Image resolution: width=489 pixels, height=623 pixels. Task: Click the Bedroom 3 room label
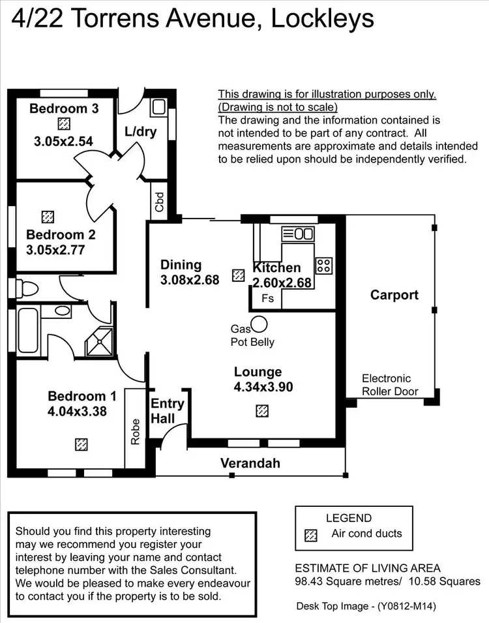tap(64, 108)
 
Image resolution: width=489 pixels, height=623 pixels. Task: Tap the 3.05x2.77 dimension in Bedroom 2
tap(56, 249)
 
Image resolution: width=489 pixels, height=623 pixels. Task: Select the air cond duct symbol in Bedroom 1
tap(81, 444)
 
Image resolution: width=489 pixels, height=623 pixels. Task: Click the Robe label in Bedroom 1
tap(136, 431)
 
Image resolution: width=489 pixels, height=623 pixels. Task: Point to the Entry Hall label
tap(167, 411)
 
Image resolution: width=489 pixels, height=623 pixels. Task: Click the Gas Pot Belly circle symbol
tap(259, 323)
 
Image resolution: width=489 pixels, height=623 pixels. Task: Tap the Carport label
tap(394, 295)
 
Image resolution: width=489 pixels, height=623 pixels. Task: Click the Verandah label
tap(250, 463)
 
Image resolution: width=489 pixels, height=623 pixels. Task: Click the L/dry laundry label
tap(141, 132)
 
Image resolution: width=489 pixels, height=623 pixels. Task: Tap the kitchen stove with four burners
tap(324, 265)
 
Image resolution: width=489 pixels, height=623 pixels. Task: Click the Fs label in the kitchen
tap(267, 298)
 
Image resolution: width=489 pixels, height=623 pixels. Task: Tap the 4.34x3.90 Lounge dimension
tap(263, 386)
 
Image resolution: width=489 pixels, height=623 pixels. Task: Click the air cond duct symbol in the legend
tap(311, 535)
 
